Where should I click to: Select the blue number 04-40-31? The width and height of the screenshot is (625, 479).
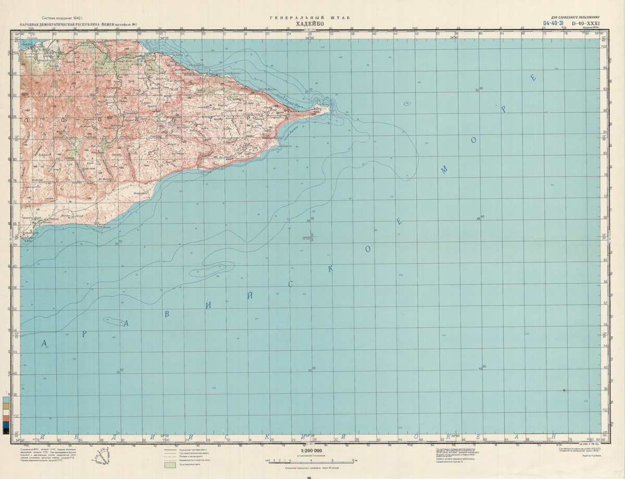pos(554,23)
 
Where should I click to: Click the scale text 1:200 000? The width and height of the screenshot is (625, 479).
pos(311,450)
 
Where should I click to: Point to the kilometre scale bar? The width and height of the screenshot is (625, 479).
pos(311,461)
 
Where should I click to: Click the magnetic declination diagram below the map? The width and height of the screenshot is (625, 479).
pos(102,458)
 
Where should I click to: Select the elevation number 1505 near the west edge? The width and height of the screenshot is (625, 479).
pos(24,94)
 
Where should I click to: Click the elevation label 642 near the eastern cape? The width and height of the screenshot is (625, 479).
pos(287,110)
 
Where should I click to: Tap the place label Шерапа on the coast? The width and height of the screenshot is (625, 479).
pos(284,147)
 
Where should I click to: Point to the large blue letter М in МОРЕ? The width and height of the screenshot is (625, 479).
pos(444,170)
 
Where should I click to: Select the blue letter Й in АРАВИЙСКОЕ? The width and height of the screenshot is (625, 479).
pos(251,295)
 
